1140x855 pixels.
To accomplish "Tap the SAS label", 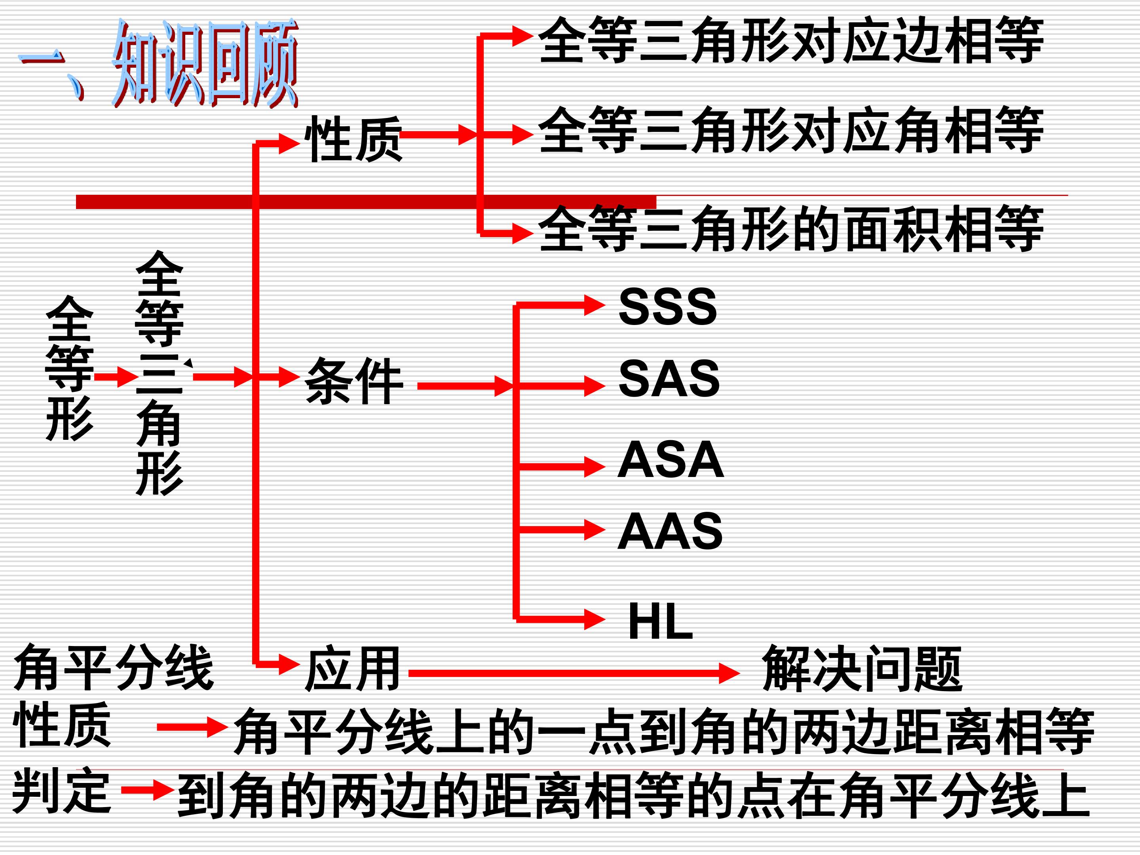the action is [x=669, y=379].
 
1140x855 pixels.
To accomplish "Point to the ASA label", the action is [x=671, y=459].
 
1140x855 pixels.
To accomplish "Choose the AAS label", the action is [x=670, y=531].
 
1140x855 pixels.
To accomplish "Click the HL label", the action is [x=660, y=621].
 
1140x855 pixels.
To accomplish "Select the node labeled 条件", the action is [x=353, y=381].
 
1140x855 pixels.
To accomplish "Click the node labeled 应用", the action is [x=353, y=669].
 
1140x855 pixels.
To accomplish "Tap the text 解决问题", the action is [x=862, y=669].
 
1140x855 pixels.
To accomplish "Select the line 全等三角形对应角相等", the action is [x=790, y=130].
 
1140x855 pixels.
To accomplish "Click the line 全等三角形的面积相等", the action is [x=790, y=228].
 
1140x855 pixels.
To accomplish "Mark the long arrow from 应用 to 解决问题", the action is [x=574, y=673].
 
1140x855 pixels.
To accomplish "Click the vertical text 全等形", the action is [x=70, y=369].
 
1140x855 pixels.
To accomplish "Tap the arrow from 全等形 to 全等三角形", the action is [x=116, y=377].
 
